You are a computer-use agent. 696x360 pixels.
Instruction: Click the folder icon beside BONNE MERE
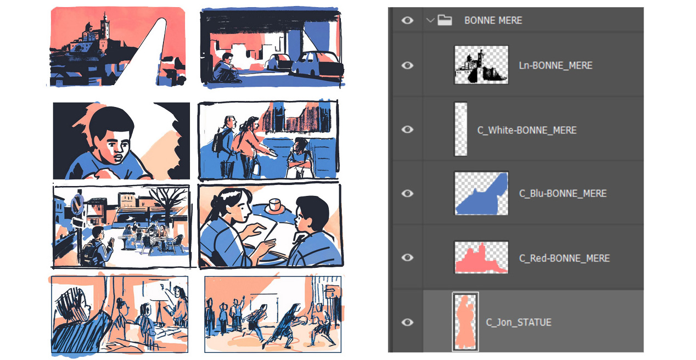pyautogui.click(x=445, y=20)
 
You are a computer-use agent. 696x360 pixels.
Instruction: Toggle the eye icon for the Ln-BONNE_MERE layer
pyautogui.click(x=407, y=65)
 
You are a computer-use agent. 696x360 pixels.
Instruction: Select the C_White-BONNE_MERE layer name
pyautogui.click(x=526, y=130)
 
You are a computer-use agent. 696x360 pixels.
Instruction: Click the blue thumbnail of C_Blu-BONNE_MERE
pyautogui.click(x=481, y=193)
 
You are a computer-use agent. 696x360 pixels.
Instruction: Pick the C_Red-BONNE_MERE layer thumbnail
pyautogui.click(x=481, y=257)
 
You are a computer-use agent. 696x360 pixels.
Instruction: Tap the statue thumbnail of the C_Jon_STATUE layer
pyautogui.click(x=465, y=322)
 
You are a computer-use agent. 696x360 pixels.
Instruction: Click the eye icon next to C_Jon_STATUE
pyautogui.click(x=407, y=322)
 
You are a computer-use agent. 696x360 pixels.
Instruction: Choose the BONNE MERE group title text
pyautogui.click(x=493, y=20)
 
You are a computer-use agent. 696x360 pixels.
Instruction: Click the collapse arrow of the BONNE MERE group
pyautogui.click(x=430, y=20)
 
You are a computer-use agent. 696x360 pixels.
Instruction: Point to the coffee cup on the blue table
pyautogui.click(x=275, y=205)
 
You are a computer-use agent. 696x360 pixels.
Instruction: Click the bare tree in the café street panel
pyautogui.click(x=169, y=202)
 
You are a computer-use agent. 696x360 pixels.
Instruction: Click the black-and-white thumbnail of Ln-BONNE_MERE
pyautogui.click(x=481, y=65)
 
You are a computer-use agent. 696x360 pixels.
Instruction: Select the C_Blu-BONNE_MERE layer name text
pyautogui.click(x=563, y=194)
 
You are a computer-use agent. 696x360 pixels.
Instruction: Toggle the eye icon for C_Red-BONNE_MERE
pyautogui.click(x=407, y=257)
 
